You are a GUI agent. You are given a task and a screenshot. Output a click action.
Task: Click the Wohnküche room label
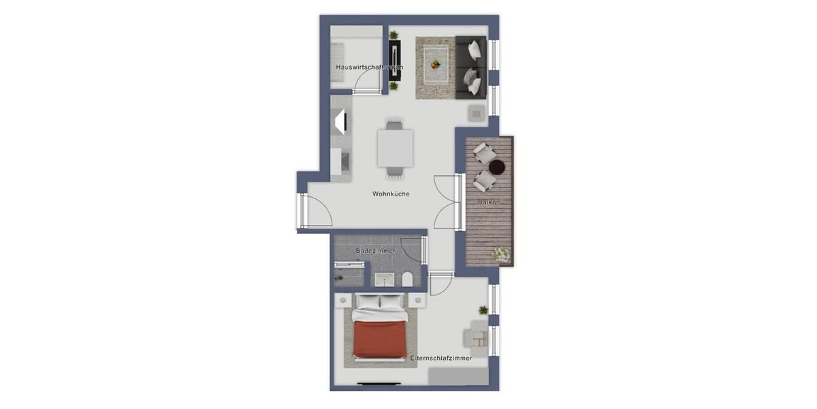point(391,194)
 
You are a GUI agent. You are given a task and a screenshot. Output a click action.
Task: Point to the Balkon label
point(489,202)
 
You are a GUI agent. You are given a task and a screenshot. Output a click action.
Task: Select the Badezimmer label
point(375,251)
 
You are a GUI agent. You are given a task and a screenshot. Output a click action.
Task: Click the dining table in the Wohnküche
point(395,149)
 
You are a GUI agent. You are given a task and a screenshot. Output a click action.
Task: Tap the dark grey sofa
point(470,65)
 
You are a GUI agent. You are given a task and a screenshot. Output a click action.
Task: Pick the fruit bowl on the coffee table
point(434,65)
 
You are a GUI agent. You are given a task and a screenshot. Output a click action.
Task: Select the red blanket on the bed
point(380,339)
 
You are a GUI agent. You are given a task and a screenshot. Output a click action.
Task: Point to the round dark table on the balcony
point(498,167)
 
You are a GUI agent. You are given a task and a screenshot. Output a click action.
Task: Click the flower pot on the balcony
point(502,255)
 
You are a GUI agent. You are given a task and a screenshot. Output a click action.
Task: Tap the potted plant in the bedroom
point(483,310)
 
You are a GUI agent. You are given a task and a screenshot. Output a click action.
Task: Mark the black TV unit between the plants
point(395,61)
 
